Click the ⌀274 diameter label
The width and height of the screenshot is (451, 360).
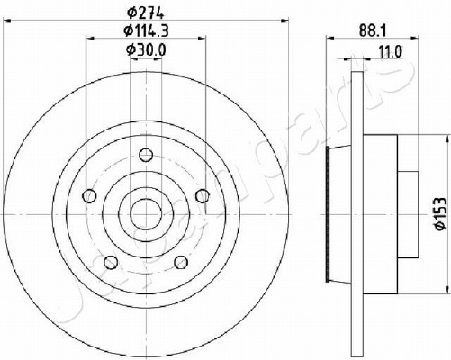pos(145,13)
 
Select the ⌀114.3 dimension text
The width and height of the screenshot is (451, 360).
pos(146,31)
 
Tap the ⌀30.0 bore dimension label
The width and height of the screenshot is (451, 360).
pos(146,49)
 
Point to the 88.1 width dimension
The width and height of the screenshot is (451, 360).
pos(372,31)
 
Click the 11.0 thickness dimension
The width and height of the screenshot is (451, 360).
pos(390,52)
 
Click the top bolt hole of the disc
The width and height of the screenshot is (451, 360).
pos(146,155)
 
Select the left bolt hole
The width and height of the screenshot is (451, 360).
pos(89,196)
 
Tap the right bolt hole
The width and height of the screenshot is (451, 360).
pos(203,196)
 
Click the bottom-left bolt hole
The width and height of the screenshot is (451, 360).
pos(111,262)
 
